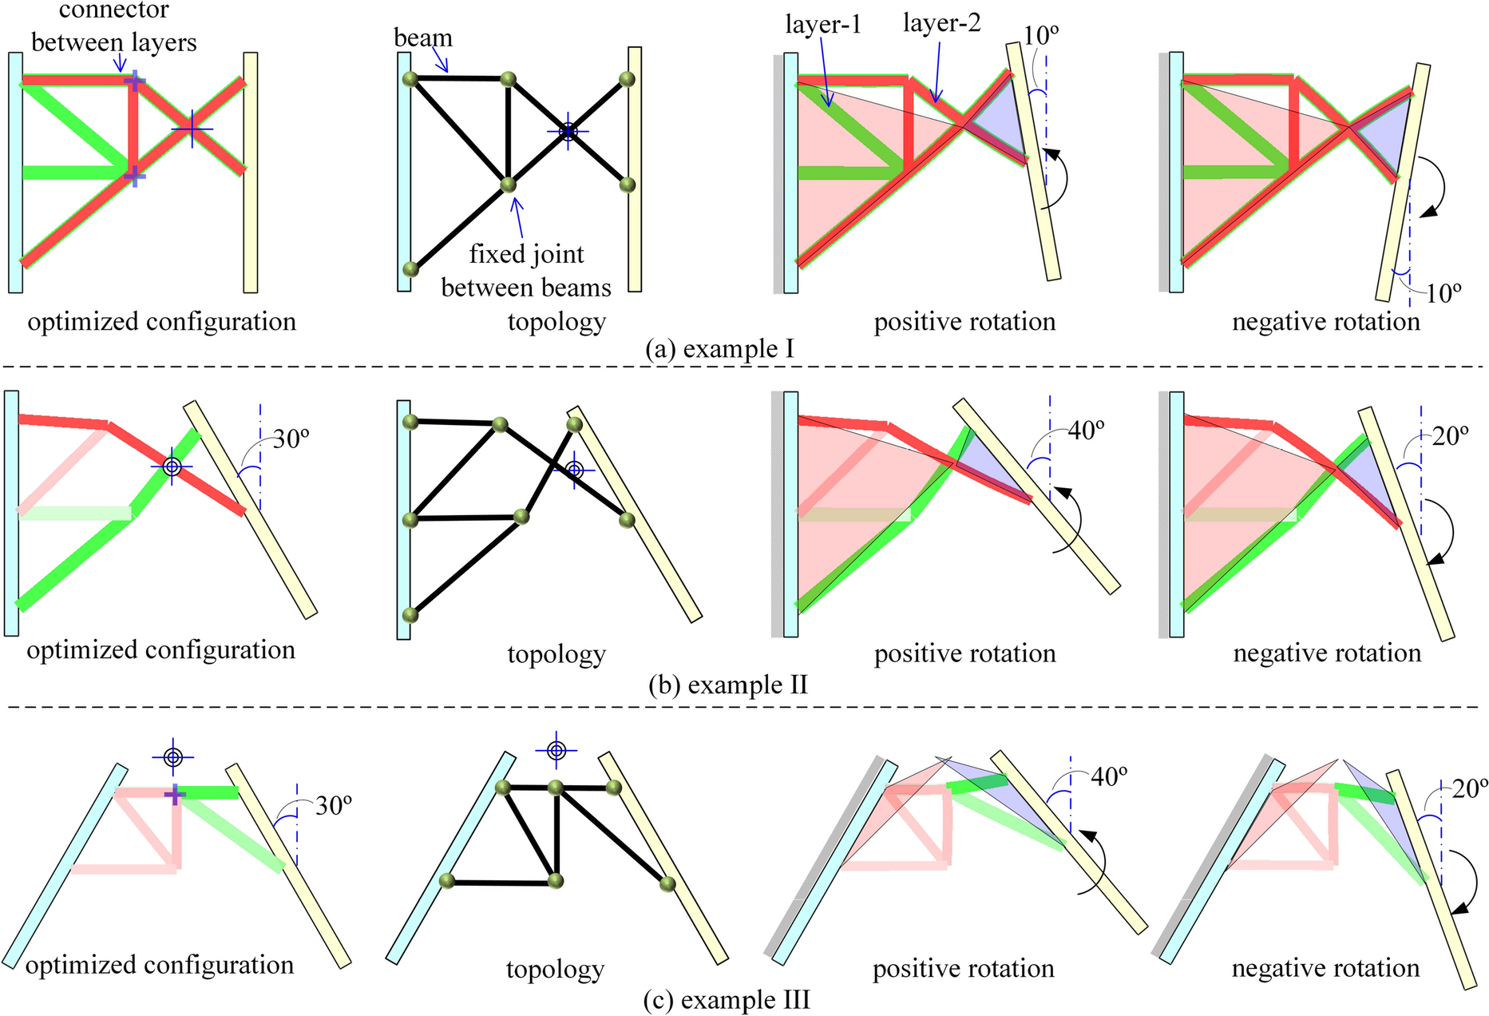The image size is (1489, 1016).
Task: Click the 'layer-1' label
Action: (x=822, y=25)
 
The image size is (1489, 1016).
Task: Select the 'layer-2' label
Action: (x=941, y=23)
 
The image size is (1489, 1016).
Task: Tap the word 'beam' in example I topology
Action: (x=422, y=38)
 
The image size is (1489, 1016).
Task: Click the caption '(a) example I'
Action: (x=719, y=349)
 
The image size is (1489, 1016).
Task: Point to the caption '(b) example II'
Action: (x=727, y=685)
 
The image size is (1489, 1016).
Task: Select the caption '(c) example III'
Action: (x=727, y=999)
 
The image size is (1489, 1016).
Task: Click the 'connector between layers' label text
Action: (x=113, y=26)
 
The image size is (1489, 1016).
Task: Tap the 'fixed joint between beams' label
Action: (x=526, y=270)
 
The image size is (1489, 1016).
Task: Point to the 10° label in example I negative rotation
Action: (x=1443, y=293)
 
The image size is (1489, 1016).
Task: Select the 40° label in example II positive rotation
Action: (x=1086, y=430)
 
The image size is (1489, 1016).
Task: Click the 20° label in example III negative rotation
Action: (x=1470, y=788)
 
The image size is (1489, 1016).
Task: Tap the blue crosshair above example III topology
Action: (x=556, y=750)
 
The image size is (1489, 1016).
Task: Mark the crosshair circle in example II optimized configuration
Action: (x=172, y=466)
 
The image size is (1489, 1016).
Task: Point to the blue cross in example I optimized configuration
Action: (x=192, y=128)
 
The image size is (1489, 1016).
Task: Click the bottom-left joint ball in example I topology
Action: (x=410, y=268)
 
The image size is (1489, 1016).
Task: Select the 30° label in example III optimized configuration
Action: (x=334, y=805)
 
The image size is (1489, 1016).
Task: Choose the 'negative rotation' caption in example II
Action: (x=1327, y=653)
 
